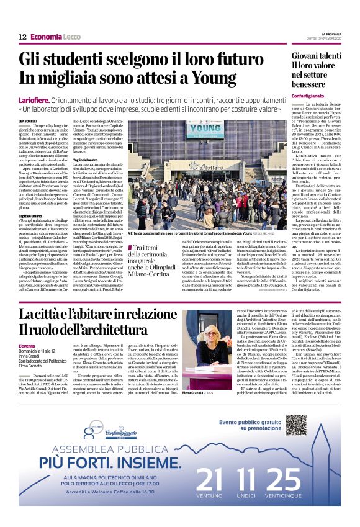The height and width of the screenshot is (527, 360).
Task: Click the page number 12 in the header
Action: point(22,37)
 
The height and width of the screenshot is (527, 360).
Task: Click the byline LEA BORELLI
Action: point(28,120)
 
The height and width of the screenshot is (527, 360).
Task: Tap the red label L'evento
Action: point(27,345)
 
